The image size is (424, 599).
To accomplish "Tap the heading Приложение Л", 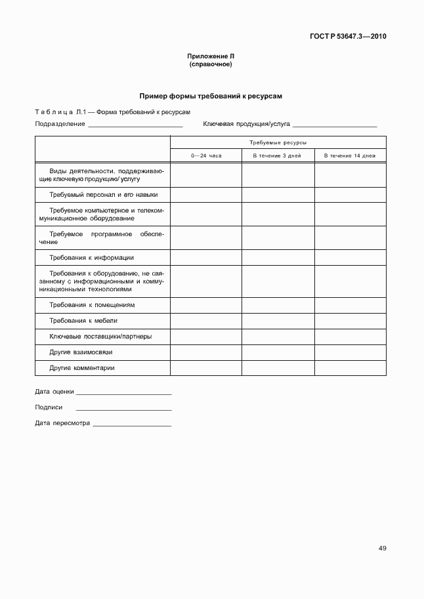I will coord(211,57).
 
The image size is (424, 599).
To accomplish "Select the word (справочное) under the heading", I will coord(211,65).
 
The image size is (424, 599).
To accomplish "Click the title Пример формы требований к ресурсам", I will coord(211,96).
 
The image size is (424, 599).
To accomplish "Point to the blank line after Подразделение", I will coord(135,125).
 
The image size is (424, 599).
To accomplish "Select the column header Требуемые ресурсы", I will coord(278,142).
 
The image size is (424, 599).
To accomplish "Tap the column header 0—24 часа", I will coord(206,155).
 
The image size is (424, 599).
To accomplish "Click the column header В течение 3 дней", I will coord(278,155).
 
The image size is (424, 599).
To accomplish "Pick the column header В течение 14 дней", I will coord(350,155).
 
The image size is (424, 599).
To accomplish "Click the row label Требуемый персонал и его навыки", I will coord(103,195).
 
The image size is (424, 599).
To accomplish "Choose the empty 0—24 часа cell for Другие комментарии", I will coord(206,368).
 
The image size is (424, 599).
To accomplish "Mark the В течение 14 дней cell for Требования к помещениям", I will coord(350,305).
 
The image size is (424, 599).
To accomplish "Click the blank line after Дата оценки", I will coord(123,393).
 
